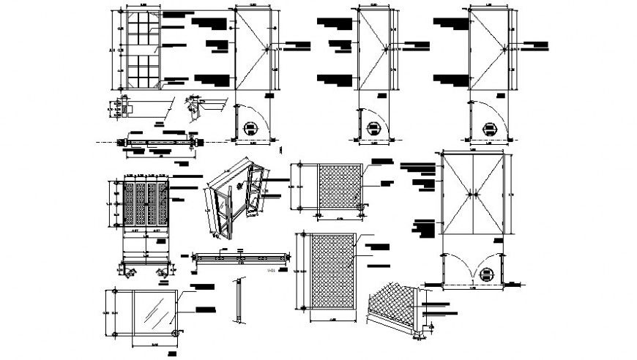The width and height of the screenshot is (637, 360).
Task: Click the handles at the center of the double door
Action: [474, 195]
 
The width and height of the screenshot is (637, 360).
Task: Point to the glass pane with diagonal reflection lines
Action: [153, 312]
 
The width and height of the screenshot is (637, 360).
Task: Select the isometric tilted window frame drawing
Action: [233, 198]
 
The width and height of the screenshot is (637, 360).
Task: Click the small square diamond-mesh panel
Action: [339, 187]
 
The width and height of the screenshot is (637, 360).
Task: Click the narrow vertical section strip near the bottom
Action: [239, 300]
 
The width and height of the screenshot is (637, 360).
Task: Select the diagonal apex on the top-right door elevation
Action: [505, 50]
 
